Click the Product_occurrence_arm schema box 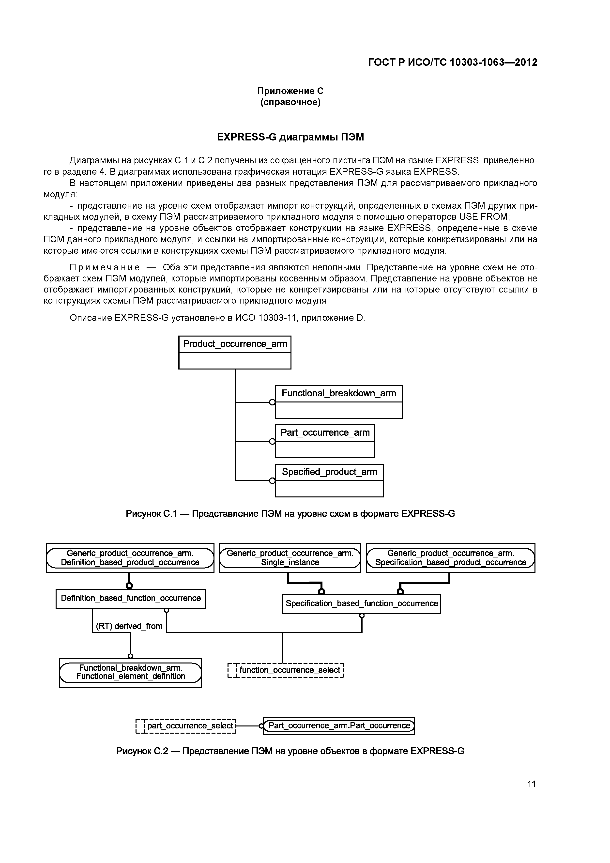234,352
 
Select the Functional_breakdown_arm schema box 338,401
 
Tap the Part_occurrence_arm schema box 325,441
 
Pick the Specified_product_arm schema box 329,480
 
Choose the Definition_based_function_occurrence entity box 130,598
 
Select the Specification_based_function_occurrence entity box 362,604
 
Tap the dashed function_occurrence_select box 286,670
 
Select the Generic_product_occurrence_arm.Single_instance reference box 290,558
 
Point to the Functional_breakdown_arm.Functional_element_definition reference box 130,672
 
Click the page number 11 531,784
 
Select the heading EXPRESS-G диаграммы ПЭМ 290,137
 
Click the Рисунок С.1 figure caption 290,513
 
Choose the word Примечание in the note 105,267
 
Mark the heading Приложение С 290,91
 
